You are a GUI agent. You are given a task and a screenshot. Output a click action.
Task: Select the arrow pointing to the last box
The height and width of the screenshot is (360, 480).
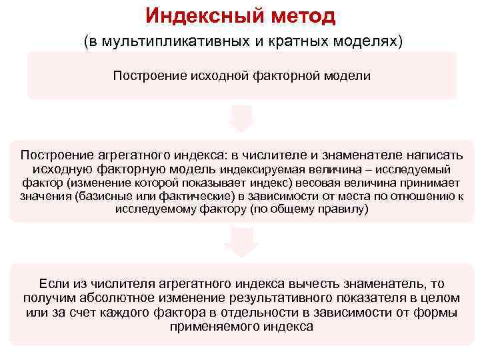tap(241, 241)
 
